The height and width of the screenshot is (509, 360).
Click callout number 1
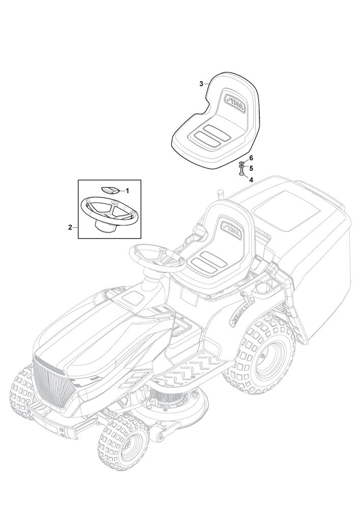127,190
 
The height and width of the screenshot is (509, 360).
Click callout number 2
70,228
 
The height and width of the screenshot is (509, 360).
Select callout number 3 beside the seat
201,83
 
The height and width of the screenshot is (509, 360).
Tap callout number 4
251,179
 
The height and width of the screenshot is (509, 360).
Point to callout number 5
251,168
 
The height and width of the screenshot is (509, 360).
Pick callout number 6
251,158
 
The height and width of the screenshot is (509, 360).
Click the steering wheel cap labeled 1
110,189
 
